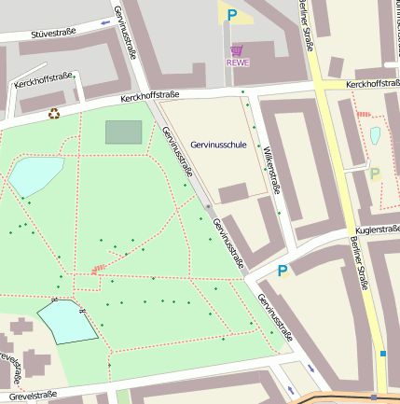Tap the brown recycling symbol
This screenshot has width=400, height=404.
tap(54, 114)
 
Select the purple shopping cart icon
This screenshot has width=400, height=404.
tap(237, 50)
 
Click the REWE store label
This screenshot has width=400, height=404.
tap(238, 63)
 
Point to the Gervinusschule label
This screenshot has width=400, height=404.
tap(218, 146)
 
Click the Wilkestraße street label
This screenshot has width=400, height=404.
tap(269, 169)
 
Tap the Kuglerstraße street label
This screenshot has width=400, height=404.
tap(377, 230)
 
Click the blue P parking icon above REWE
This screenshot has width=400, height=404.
tap(231, 15)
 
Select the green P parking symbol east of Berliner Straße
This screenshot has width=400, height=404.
tap(375, 174)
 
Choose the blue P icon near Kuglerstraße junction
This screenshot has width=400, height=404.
tap(282, 271)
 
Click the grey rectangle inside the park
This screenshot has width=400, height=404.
tap(123, 132)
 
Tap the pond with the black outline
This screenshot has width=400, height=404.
tap(66, 323)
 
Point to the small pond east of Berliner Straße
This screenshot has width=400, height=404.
tap(375, 135)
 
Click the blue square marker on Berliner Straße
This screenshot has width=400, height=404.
tap(382, 354)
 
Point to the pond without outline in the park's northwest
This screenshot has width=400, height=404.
tap(35, 174)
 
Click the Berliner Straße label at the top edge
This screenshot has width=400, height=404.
tap(306, 23)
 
